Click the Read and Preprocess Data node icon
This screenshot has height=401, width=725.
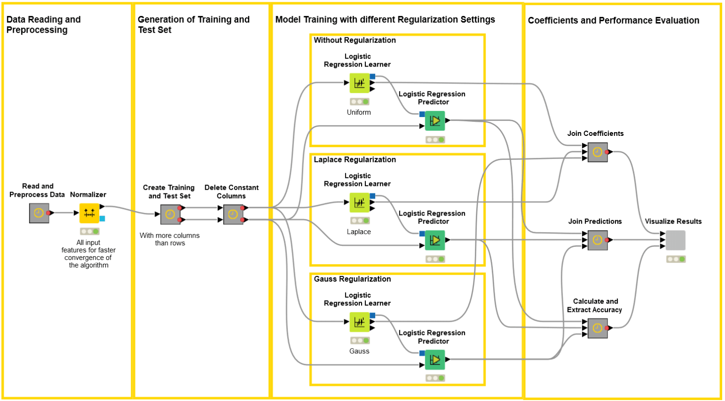point(39,213)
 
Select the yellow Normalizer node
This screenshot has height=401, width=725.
point(89,213)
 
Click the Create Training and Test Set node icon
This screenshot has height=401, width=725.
point(170,215)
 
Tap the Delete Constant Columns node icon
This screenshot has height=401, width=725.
point(233,215)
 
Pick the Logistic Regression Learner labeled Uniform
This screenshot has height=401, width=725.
point(360,83)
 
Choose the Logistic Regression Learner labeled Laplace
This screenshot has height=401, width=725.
point(360,202)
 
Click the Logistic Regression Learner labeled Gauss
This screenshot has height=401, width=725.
point(360,322)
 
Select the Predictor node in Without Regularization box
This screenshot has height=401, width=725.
point(435,121)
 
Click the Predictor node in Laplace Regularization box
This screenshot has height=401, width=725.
point(435,240)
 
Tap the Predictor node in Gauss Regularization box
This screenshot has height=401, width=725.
point(435,360)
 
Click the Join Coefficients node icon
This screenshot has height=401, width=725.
point(598,152)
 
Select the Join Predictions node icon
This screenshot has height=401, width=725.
point(598,240)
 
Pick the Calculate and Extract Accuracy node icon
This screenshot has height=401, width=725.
point(598,328)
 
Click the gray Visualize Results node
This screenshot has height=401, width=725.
point(675,240)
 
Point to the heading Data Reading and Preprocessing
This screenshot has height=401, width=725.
point(43,25)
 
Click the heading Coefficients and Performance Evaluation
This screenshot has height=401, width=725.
point(613,20)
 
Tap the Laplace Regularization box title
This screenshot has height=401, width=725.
point(354,159)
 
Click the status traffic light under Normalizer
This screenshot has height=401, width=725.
point(89,231)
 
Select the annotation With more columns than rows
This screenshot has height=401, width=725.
point(169,239)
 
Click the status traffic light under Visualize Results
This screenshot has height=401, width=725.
point(675,259)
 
